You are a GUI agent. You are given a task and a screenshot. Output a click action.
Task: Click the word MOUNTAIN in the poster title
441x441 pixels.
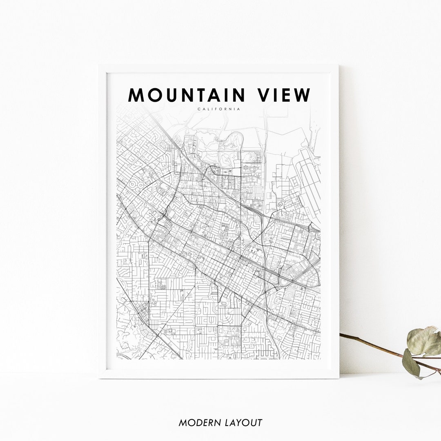186,95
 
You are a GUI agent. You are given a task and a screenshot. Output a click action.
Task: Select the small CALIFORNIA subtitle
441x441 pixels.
218,109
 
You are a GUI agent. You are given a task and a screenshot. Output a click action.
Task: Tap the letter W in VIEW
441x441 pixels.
302,95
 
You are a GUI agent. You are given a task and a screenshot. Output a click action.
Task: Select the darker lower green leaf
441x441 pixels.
410,363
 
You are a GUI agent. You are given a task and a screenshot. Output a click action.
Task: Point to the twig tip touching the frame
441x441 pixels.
341,335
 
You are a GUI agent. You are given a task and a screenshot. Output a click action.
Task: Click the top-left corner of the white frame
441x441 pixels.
99,66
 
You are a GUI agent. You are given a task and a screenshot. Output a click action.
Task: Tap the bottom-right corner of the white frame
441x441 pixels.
338,378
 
